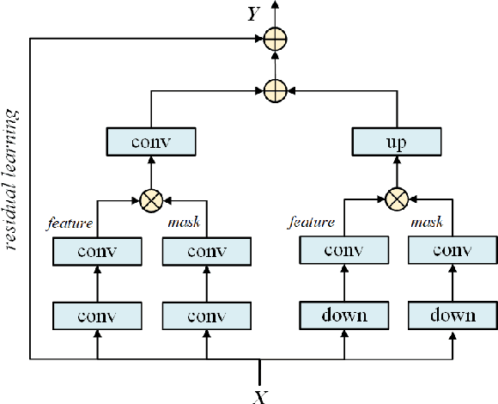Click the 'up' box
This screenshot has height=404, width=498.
(397, 140)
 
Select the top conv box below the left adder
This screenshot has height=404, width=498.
(151, 140)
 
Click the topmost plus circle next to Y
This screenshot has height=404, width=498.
(275, 38)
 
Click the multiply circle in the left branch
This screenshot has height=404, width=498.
(151, 200)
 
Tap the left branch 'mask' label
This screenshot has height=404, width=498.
(185, 223)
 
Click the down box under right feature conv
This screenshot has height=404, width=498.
(343, 315)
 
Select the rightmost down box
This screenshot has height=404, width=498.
(452, 315)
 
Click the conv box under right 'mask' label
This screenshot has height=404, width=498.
(452, 252)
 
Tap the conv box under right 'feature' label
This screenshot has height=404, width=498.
(343, 252)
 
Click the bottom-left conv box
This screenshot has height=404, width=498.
(96, 315)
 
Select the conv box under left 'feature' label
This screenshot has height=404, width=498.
(96, 252)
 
